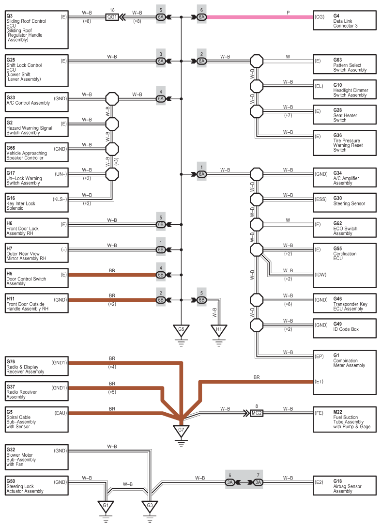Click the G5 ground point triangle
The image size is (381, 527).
[181, 330]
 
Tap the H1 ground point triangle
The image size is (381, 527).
[219, 330]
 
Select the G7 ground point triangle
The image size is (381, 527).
[181, 431]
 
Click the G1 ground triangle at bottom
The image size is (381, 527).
[106, 506]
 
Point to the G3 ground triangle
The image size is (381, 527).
[150, 506]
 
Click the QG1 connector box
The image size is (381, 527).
[112, 17]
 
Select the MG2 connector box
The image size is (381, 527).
[257, 413]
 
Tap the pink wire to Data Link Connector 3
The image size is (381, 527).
[259, 17]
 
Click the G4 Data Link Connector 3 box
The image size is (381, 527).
[344, 20]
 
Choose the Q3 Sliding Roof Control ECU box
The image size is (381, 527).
[37, 30]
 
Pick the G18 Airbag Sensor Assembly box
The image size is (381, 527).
[344, 485]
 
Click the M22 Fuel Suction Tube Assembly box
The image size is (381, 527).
[344, 419]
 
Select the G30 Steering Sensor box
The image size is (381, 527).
[344, 202]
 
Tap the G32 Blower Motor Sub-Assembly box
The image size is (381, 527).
[37, 457]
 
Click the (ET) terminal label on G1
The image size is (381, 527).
[319, 382]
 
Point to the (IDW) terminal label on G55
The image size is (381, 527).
[320, 275]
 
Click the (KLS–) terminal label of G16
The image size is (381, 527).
[60, 199]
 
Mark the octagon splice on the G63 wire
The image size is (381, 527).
[257, 61]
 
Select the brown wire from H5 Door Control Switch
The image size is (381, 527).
[112, 275]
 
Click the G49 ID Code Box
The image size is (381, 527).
[344, 328]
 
